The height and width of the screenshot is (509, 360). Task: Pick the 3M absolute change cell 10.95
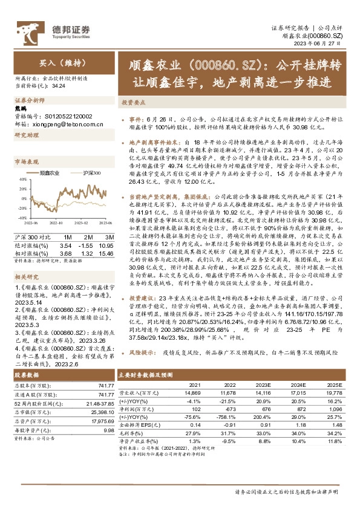coord(106,246)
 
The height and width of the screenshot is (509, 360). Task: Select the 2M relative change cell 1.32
coord(86,253)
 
